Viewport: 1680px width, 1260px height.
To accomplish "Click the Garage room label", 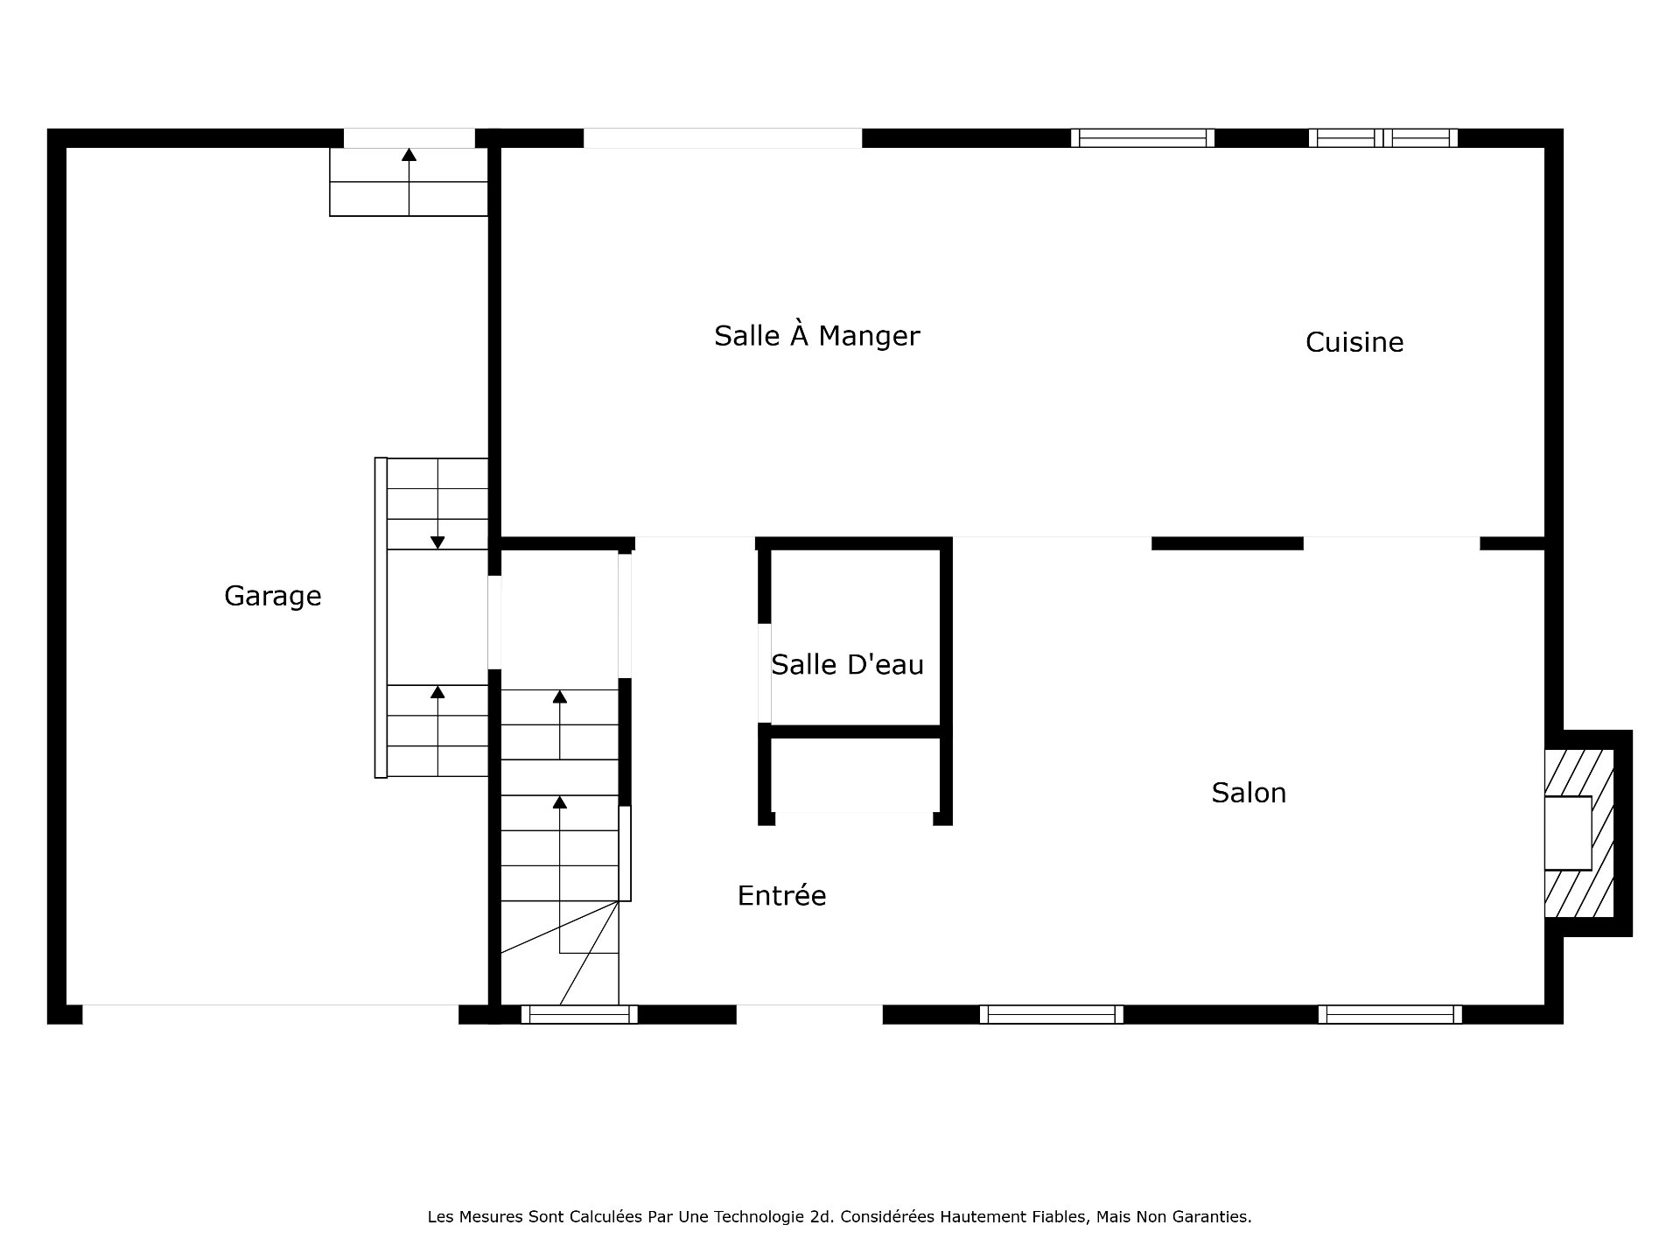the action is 273,596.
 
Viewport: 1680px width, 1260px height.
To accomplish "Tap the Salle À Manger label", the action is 817,335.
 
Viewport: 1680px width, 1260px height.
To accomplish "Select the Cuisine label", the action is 1354,342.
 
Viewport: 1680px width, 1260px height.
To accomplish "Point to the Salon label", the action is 1249,793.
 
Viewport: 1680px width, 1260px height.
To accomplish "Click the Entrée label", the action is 781,895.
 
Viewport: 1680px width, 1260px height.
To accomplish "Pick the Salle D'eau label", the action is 847,665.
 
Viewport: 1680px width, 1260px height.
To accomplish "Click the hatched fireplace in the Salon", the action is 1579,833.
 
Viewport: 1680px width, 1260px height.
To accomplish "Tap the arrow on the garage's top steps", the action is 409,181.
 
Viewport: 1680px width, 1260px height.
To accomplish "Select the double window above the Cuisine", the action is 1383,138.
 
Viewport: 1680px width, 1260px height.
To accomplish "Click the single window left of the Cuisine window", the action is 1143,138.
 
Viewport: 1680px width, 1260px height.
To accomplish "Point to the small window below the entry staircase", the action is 579,1014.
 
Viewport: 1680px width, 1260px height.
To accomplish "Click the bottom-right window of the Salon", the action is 1389,1014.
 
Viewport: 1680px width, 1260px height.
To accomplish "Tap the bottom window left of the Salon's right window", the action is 1051,1014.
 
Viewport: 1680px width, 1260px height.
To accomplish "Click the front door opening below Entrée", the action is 809,1014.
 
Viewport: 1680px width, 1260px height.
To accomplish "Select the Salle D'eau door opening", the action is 764,673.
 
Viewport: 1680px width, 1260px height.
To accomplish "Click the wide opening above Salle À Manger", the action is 723,138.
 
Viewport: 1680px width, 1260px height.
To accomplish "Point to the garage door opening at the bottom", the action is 270,1014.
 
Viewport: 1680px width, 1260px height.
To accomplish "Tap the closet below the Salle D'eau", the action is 854,775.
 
